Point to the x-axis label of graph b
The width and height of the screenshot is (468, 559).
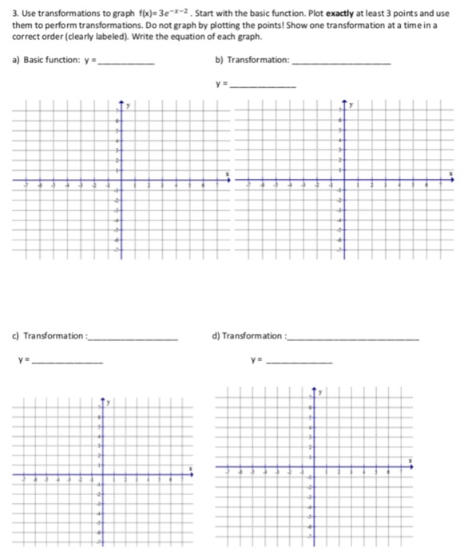pos(450,172)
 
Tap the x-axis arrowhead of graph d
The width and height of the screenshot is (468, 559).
pos(412,468)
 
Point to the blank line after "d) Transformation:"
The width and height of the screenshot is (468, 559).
pos(352,339)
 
